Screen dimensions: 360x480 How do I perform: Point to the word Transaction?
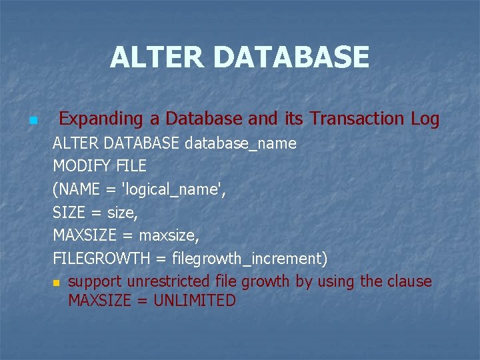point(357,119)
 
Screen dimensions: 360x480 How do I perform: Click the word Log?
point(425,119)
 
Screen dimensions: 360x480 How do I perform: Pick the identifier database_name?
point(241,143)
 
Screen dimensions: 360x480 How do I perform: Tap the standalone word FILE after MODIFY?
point(131,166)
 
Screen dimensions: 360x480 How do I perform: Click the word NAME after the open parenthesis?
point(79,189)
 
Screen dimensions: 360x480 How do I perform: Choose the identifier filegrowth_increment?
point(249,258)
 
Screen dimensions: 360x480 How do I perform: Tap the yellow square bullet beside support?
point(57,283)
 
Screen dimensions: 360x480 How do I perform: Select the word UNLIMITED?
point(195,301)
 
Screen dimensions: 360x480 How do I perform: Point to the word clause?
point(409,281)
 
